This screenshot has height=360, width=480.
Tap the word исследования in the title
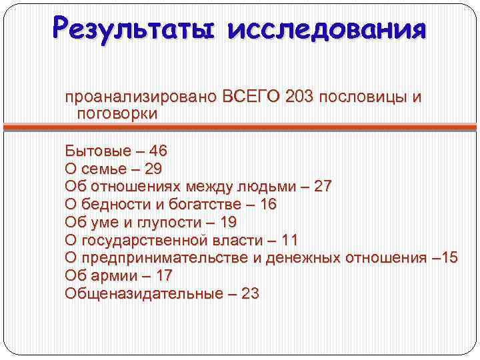coord(326,30)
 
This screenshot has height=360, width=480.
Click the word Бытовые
coord(93,151)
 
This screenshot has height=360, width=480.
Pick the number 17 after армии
coord(163,276)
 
